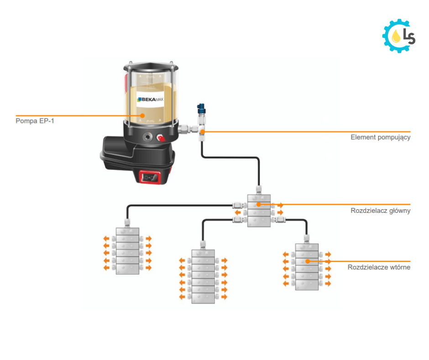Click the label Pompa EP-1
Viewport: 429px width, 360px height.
click(34, 122)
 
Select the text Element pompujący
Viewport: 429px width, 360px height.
click(380, 137)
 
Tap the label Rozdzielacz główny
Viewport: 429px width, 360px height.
click(381, 211)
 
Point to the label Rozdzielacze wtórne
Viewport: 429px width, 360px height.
click(379, 267)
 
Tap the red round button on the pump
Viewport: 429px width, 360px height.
click(161, 137)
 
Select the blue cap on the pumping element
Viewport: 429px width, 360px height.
click(201, 109)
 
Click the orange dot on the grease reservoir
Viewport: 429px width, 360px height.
click(142, 116)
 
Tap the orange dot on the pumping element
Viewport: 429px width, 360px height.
click(202, 132)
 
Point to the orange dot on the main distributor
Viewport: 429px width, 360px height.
click(259, 204)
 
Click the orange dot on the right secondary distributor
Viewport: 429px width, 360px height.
click(308, 261)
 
